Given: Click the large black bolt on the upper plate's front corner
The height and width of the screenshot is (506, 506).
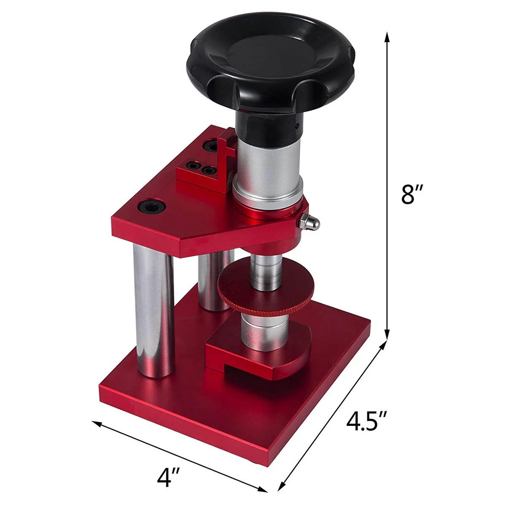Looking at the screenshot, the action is pyautogui.click(x=151, y=207).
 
